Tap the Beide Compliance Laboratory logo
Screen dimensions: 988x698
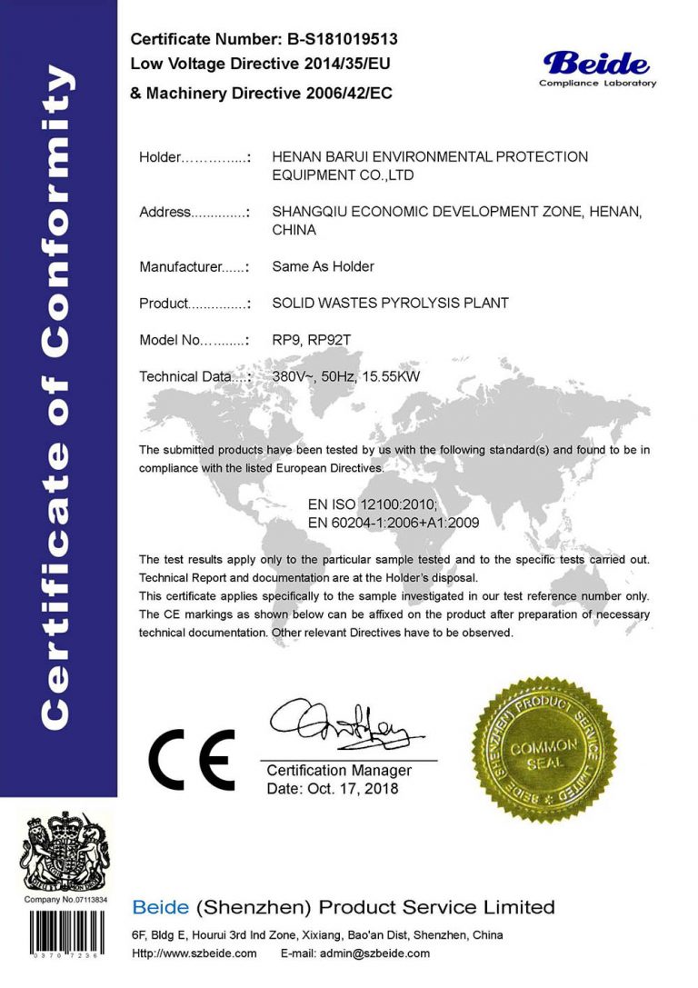[597, 68]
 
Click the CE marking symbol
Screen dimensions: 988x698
[192, 760]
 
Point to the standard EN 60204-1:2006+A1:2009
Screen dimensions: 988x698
[394, 523]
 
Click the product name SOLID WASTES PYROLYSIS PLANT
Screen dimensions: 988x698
[390, 303]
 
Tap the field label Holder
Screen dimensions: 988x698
[161, 157]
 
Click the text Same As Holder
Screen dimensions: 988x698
[323, 266]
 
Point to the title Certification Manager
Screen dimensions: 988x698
[339, 771]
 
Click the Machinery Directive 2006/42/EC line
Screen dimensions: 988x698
[262, 94]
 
